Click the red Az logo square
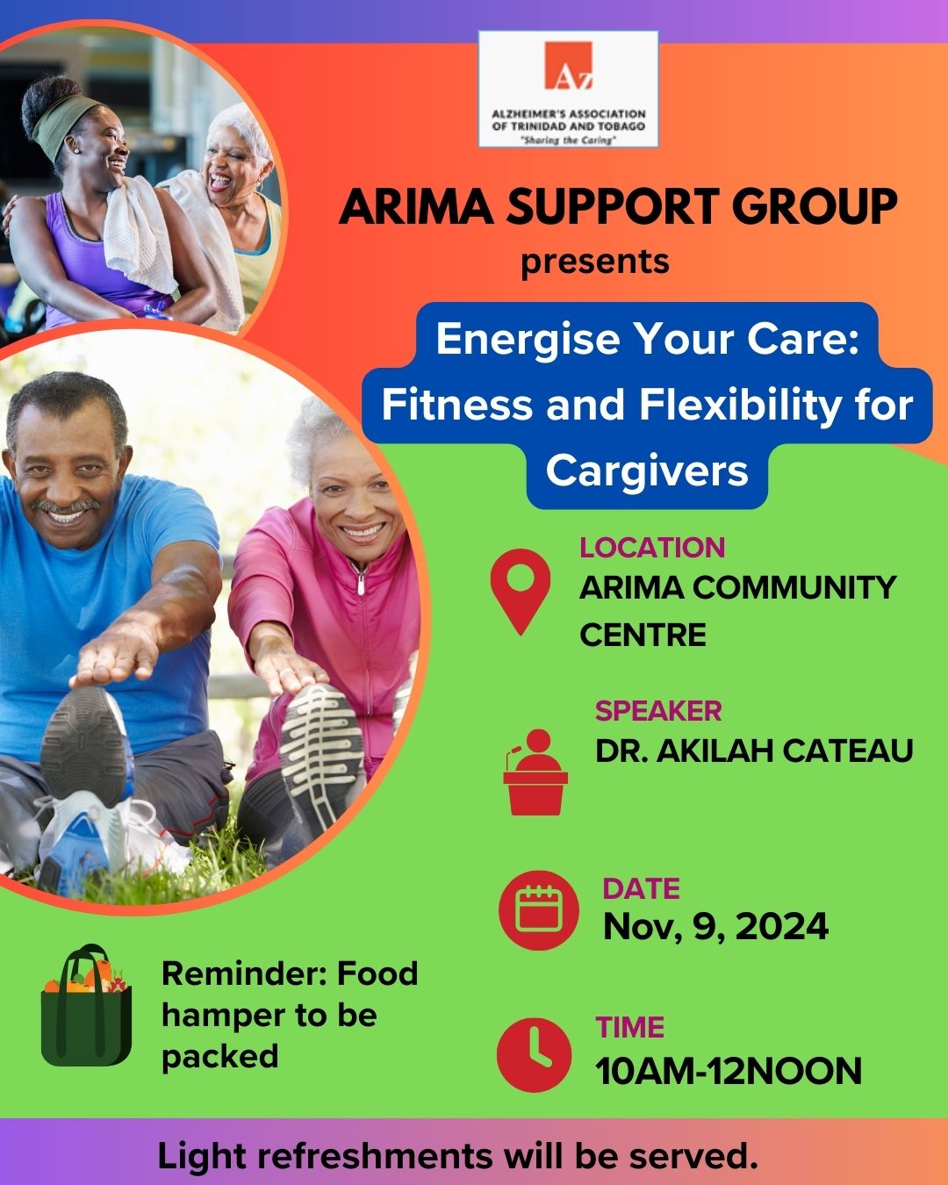[569, 65]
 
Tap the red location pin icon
[520, 591]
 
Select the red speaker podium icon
[535, 772]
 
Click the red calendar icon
[539, 909]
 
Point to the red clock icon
[535, 1054]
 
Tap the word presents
[595, 262]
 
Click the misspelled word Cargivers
[647, 471]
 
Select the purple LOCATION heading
[652, 548]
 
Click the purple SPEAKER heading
[658, 711]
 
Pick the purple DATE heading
[641, 888]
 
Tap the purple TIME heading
[630, 1028]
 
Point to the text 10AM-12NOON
[729, 1071]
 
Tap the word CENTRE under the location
[643, 635]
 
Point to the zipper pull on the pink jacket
[360, 585]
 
